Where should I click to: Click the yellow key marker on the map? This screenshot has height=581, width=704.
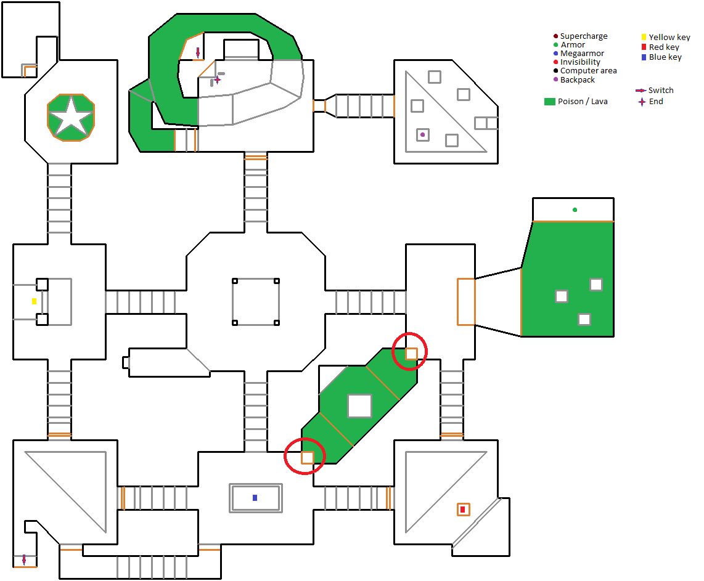click(x=34, y=301)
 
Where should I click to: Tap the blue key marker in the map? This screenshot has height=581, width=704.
click(x=255, y=498)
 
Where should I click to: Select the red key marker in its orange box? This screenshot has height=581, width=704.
click(x=463, y=509)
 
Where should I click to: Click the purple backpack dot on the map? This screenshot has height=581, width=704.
click(x=422, y=134)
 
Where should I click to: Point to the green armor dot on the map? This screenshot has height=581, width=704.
click(x=575, y=209)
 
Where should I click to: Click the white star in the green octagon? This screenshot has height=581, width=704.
click(x=71, y=118)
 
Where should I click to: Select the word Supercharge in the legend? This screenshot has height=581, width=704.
click(x=584, y=36)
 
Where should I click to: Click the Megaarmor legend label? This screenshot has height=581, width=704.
click(x=583, y=54)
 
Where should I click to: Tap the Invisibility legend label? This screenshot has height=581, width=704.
click(x=580, y=62)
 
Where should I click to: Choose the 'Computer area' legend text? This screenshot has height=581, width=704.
click(x=589, y=70)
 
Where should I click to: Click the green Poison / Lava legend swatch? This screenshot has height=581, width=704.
click(x=549, y=102)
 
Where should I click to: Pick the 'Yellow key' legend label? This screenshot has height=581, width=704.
click(x=669, y=37)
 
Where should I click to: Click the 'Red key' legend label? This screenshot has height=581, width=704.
click(x=664, y=47)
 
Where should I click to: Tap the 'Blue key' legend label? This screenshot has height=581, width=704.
click(x=665, y=57)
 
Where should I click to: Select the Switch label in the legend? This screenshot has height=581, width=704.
click(x=661, y=90)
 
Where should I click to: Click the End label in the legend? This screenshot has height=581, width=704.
click(x=656, y=102)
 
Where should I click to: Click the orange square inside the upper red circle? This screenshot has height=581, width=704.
click(x=411, y=354)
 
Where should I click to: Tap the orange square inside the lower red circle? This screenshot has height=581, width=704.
click(x=307, y=458)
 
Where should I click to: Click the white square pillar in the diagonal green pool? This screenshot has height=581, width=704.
click(x=359, y=405)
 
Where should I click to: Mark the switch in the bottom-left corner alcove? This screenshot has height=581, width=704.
click(x=24, y=559)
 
